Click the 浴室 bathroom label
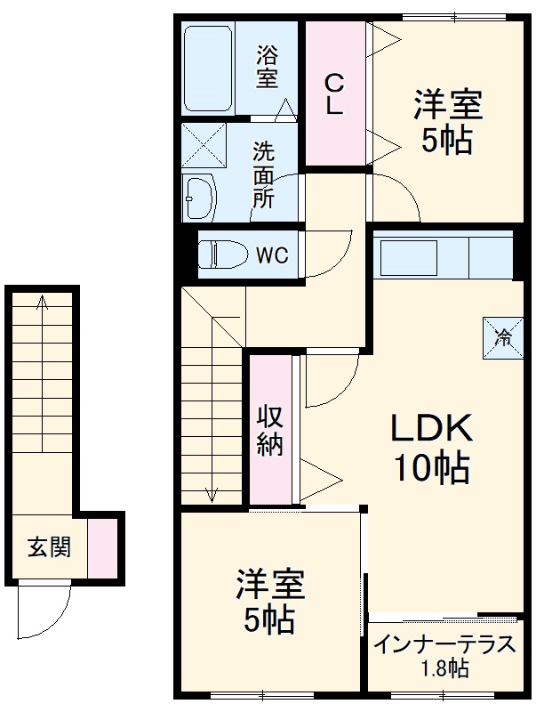click(267, 67)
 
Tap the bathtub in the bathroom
click(209, 67)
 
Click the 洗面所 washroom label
click(263, 174)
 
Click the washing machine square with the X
click(204, 145)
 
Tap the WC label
click(273, 255)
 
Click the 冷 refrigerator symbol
click(502, 337)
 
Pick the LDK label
click(432, 429)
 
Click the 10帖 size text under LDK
click(432, 466)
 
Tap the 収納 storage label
click(270, 430)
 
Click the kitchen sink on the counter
click(409, 258)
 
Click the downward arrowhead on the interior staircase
click(212, 494)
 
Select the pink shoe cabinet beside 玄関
click(101, 546)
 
